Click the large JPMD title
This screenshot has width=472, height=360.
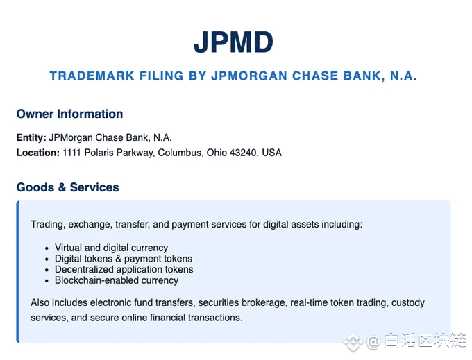coord(233,42)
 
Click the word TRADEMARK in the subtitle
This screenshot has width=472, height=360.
coord(92,76)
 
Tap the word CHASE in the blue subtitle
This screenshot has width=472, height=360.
coord(315,76)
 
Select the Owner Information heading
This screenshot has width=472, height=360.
coord(69,114)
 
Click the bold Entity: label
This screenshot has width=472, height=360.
coord(31,137)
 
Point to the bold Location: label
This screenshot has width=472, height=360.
coord(38,153)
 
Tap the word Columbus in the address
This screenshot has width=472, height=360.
coord(181,153)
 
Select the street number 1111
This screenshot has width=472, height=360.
coord(71,153)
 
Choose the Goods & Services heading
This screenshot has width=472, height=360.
coord(68,187)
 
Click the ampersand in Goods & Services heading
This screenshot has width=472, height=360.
coord(62,187)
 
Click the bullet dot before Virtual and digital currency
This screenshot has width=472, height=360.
coord(47,249)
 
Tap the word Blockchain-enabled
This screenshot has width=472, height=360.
coord(96,280)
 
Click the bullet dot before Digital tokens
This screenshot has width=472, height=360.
coord(47,259)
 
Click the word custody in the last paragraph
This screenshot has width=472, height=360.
coord(408,302)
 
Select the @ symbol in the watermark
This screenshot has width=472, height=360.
coord(373,342)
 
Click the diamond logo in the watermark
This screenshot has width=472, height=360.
coord(353,342)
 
